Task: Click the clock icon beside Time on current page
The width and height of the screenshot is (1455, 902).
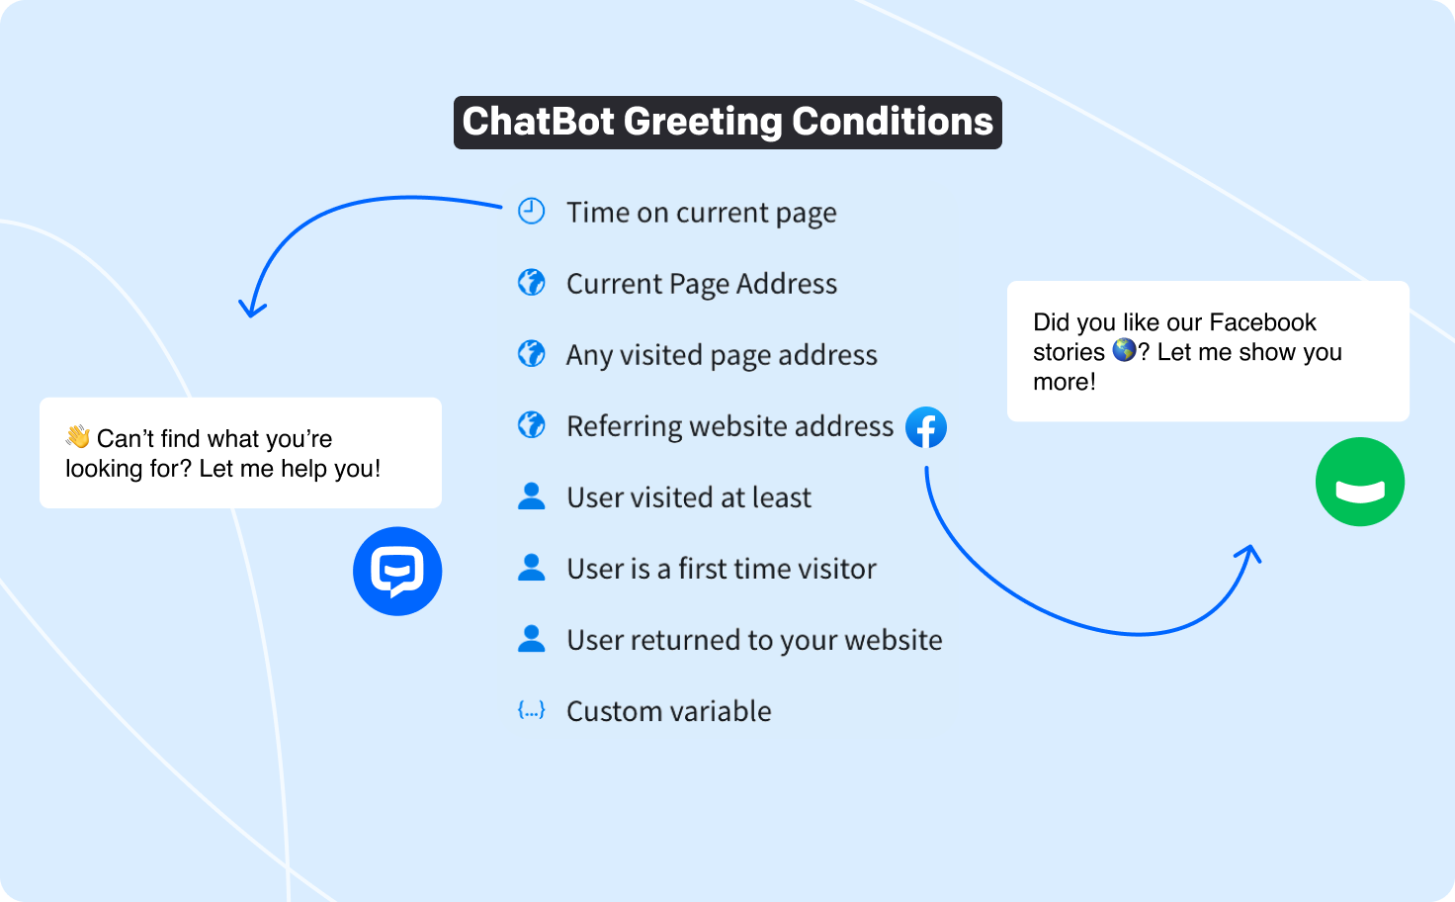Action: pos(532,211)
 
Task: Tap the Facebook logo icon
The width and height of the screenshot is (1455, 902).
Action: pos(926,427)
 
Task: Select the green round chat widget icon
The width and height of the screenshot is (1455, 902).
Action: pos(1360,482)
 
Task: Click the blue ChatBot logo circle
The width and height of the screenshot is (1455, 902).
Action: pos(397,571)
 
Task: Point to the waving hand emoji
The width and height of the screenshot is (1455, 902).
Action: pos(78,436)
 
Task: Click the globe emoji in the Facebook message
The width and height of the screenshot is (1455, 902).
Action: pos(1124,350)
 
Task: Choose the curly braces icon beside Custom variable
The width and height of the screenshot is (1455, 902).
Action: pos(532,710)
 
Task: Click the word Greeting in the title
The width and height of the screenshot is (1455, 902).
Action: pos(703,122)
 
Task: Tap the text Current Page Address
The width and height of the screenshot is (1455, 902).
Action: pos(701,284)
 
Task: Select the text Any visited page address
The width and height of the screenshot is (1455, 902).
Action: pos(721,355)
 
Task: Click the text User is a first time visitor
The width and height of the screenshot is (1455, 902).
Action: pos(721,569)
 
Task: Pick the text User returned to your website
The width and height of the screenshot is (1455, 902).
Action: pos(753,640)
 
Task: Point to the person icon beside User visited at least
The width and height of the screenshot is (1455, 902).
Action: pos(532,496)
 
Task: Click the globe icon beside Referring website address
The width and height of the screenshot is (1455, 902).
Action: pos(532,425)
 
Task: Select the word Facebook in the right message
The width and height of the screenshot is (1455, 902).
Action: pos(1262,322)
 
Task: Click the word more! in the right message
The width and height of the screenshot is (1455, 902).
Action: pos(1064,382)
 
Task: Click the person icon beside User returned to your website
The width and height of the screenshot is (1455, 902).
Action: pos(532,639)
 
